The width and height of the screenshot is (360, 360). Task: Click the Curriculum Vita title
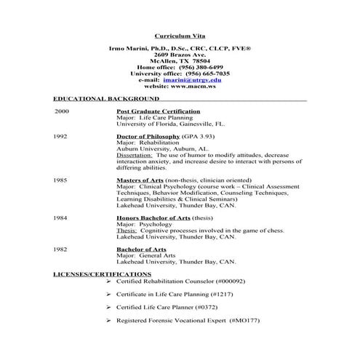[x=179, y=34]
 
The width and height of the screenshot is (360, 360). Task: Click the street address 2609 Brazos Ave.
[x=180, y=55]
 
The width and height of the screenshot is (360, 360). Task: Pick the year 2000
[x=62, y=111]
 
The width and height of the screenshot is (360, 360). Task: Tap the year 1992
[x=61, y=136]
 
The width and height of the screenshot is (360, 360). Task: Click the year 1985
[x=61, y=179]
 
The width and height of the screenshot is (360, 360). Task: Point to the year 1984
[x=61, y=217]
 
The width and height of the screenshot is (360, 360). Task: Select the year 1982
[x=61, y=249]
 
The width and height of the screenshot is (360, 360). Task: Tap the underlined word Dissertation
[x=135, y=155]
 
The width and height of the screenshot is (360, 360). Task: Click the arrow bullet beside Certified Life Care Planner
[x=108, y=307]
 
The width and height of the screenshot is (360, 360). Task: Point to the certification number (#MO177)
[x=244, y=320]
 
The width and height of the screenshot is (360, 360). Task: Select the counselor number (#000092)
[x=231, y=281]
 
